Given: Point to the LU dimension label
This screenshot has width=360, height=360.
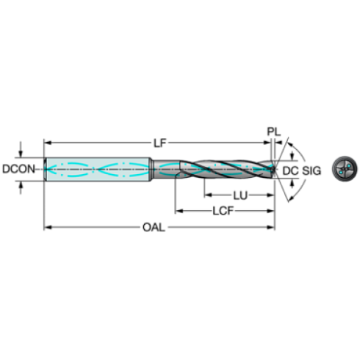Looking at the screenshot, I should [x=238, y=195].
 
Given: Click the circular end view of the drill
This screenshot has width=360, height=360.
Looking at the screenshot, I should [x=345, y=168].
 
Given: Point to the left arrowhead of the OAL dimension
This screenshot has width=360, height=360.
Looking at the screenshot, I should [x=48, y=227].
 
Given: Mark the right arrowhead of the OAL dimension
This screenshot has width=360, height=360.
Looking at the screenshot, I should [x=273, y=227].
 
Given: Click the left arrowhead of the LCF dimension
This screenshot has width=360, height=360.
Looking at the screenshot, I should [x=177, y=211].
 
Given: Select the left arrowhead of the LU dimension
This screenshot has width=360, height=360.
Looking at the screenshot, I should [x=207, y=195].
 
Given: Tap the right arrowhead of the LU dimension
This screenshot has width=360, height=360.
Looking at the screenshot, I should [x=271, y=195].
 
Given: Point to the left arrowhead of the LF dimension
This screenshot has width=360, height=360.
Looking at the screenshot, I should [x=48, y=141].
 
